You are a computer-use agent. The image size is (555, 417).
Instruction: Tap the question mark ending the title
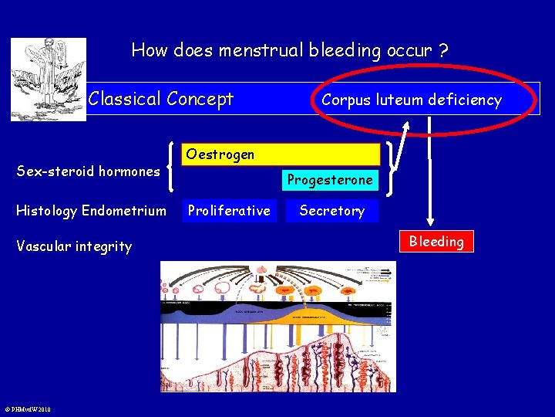pyautogui.click(x=443, y=51)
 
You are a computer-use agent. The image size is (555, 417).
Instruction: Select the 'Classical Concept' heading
pyautogui.click(x=160, y=99)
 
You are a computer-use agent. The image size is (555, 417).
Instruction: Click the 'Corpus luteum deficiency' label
pyautogui.click(x=411, y=100)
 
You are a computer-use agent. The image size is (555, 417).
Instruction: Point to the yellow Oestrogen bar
pyautogui.click(x=282, y=154)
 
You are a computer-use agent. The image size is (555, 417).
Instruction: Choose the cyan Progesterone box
pyautogui.click(x=330, y=180)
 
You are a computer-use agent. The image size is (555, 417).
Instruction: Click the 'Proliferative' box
pyautogui.click(x=229, y=211)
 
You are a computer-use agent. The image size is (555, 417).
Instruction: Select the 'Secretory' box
pyautogui.click(x=331, y=211)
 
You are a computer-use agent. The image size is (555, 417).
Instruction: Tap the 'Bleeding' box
pyautogui.click(x=436, y=241)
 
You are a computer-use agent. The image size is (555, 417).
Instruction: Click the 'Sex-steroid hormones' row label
pyautogui.click(x=88, y=171)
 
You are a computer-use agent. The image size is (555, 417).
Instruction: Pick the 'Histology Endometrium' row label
pyautogui.click(x=91, y=211)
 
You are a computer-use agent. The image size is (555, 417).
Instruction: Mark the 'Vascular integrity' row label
pyautogui.click(x=74, y=246)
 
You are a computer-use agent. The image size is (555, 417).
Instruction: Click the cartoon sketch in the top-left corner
pyautogui.click(x=37, y=79)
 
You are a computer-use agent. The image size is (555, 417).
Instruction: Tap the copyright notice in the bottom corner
pyautogui.click(x=26, y=409)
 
